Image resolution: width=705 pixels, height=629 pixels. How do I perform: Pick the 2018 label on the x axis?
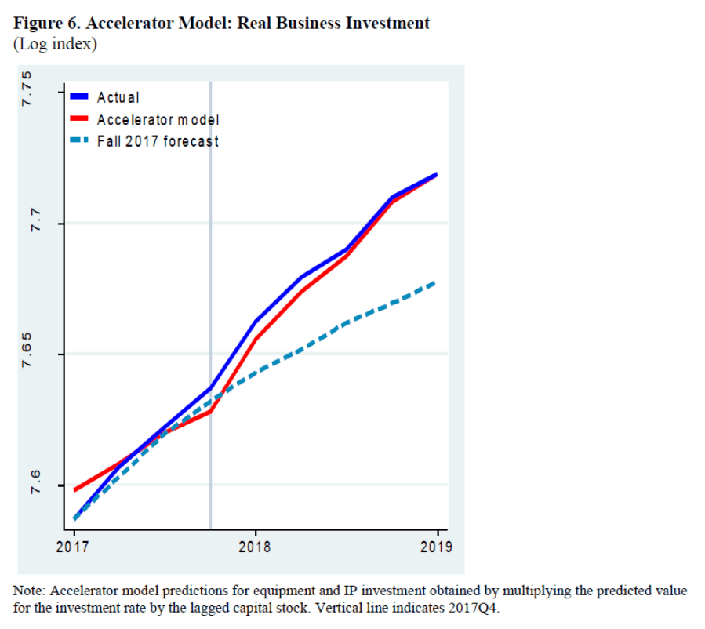tap(254, 547)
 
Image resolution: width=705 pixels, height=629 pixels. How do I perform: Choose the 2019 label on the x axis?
tap(437, 547)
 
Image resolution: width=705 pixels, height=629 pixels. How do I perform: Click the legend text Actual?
tap(118, 98)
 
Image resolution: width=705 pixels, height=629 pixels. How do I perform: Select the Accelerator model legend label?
tap(158, 120)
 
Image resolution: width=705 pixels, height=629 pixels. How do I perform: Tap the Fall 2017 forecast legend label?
tap(158, 142)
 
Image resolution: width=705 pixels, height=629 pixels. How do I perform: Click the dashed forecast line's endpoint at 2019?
tap(436, 282)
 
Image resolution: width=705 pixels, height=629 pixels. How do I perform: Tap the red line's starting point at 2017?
tap(74, 490)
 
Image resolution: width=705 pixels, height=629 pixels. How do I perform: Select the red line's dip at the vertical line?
tap(210, 411)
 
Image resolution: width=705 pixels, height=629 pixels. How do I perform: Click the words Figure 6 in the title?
tap(47, 24)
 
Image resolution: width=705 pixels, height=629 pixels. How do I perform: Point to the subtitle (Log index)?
tap(55, 44)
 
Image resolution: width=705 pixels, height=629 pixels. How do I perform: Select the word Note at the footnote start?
tap(30, 591)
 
